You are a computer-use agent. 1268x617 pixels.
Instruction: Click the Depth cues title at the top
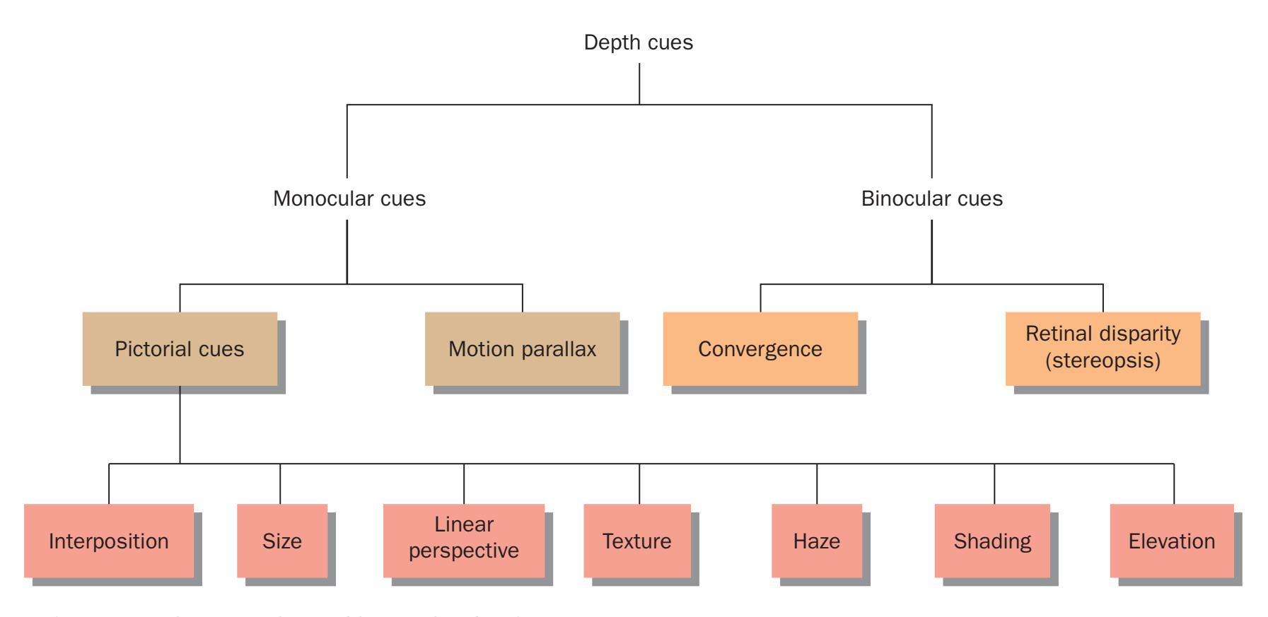coord(638,42)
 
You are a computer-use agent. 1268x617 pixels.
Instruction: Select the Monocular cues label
coord(349,199)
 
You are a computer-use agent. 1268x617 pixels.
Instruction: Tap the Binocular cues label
coord(931,199)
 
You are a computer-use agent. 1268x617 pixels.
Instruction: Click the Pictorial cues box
coord(180,349)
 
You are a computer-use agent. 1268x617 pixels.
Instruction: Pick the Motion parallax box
coord(522,349)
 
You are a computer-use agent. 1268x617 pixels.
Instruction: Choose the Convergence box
coord(760,349)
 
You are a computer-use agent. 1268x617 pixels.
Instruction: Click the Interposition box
coord(109,541)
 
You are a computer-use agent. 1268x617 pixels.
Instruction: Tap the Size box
coord(282,541)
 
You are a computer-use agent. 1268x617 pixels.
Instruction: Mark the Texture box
coord(637,541)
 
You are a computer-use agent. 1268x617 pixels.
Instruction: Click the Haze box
coord(817,541)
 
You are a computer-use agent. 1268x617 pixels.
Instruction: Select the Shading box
coord(992,541)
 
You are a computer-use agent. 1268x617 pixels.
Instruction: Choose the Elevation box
coord(1172,541)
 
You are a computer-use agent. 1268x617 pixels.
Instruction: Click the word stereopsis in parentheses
coord(1103,361)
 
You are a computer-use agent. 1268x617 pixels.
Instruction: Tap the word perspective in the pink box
coord(464,551)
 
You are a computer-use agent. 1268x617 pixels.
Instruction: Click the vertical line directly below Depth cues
coord(639,83)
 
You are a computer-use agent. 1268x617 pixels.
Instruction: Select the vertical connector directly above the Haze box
coord(817,483)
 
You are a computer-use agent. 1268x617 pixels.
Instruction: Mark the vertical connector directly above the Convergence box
coord(760,298)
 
